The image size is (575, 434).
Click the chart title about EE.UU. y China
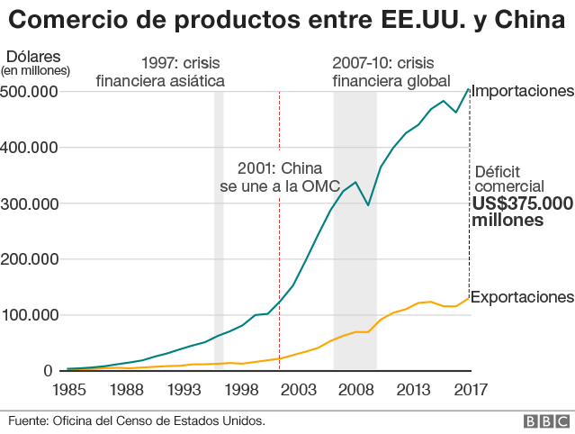point(286,21)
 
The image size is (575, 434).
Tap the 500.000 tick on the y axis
point(31,92)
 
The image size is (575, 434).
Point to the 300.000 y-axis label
point(31,203)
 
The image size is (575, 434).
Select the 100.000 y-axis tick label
point(31,315)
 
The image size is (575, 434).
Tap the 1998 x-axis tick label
point(239,390)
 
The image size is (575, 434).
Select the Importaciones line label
point(522,91)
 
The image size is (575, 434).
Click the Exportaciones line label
point(522,297)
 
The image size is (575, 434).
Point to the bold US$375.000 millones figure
point(522,212)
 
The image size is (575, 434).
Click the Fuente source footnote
point(137,421)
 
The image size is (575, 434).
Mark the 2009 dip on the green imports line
point(368,205)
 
